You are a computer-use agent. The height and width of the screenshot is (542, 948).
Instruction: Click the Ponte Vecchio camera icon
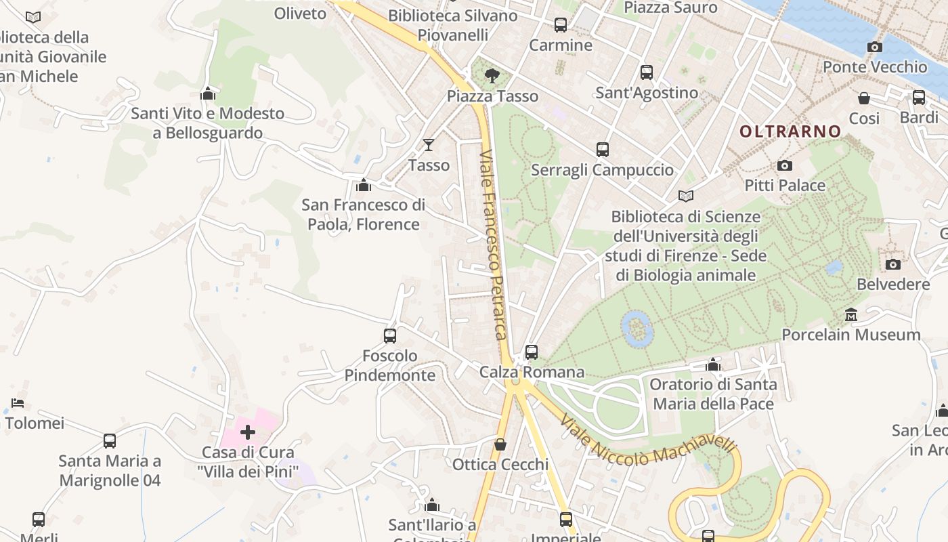(x=875, y=47)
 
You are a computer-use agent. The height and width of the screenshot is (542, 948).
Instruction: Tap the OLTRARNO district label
(x=790, y=131)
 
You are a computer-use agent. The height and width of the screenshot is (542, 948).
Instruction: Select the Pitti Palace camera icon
(x=785, y=165)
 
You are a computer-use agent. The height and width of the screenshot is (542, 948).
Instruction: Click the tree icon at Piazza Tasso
(x=492, y=75)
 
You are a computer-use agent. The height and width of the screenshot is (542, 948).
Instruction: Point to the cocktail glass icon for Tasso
(x=429, y=144)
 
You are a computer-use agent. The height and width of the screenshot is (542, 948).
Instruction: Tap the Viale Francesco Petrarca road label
(x=493, y=244)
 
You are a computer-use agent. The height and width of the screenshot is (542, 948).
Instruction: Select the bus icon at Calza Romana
(x=532, y=352)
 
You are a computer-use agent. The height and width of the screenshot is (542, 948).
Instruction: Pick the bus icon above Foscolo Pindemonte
(x=390, y=335)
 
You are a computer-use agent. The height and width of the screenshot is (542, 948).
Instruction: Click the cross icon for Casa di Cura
(x=248, y=432)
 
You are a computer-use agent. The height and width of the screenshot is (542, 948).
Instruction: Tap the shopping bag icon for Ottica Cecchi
(x=500, y=444)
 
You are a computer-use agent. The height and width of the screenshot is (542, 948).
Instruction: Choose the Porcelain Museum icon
(x=851, y=314)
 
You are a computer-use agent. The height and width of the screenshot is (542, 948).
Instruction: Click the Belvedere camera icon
(x=893, y=264)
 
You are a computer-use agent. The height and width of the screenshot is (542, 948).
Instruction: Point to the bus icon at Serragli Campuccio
(x=603, y=150)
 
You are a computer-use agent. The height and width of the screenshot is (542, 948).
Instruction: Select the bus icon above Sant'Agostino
(x=647, y=72)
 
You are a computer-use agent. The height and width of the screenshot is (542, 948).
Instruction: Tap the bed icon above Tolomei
(x=18, y=403)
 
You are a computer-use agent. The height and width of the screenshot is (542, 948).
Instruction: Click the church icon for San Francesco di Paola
(x=364, y=184)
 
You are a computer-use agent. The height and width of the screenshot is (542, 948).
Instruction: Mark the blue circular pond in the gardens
(x=637, y=329)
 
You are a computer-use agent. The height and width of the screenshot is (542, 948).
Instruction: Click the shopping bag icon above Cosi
(x=864, y=98)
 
